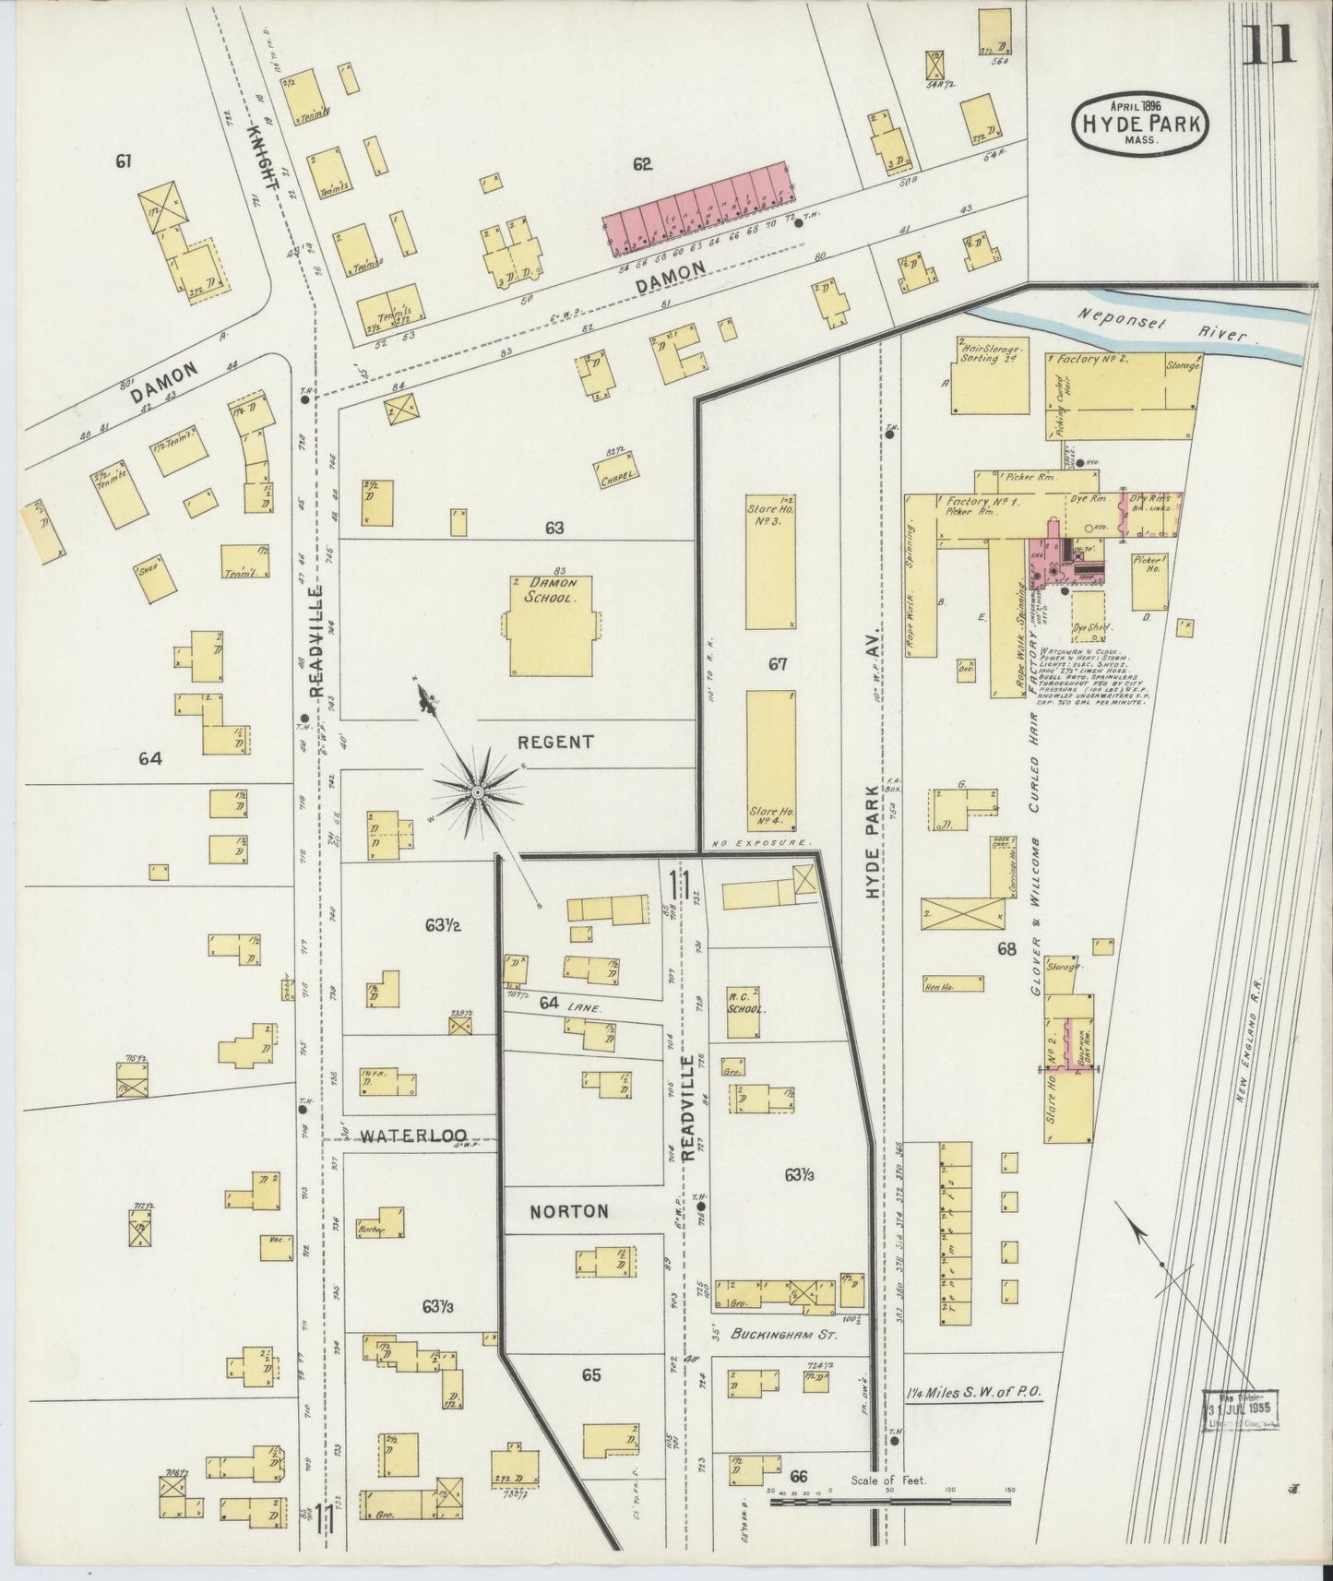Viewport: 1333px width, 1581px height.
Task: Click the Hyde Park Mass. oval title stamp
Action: pos(1140,122)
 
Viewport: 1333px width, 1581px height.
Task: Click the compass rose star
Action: pos(478,792)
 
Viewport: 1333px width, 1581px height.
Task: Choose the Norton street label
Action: pos(568,1211)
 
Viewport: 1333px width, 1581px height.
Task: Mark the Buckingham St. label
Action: pos(779,1334)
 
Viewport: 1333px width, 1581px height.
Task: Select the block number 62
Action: pos(643,164)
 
